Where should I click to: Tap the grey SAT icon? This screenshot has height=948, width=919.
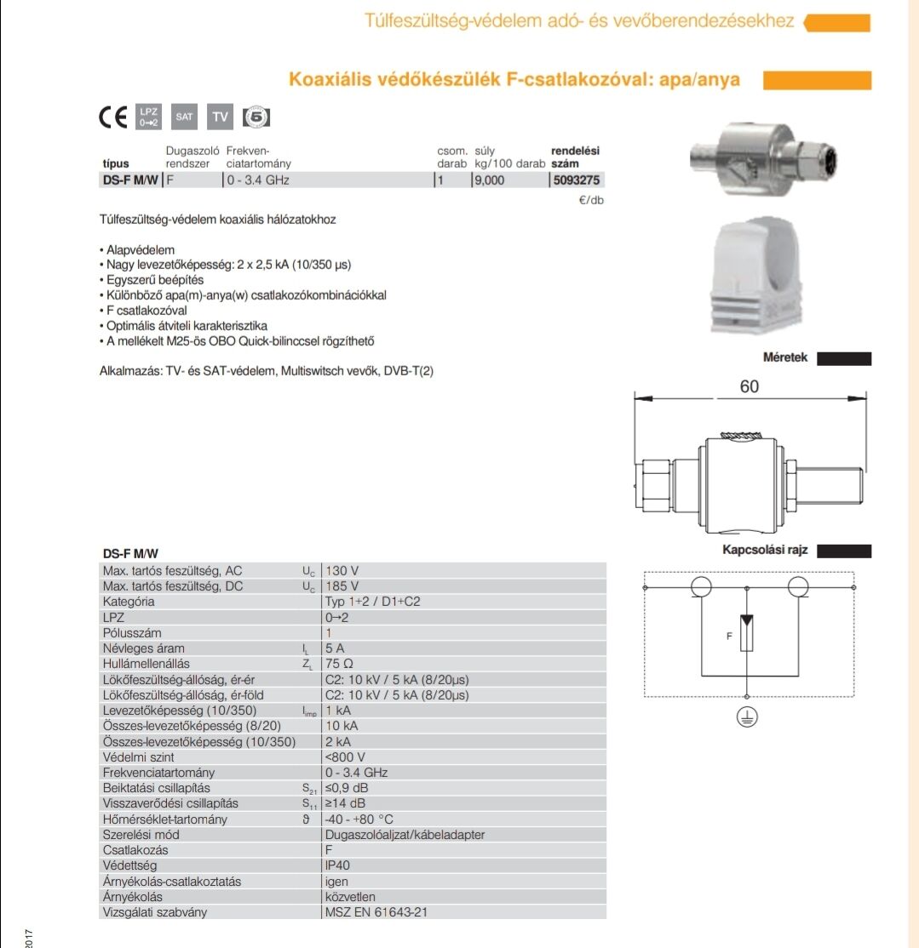point(184,117)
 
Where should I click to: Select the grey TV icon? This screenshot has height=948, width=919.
point(221,117)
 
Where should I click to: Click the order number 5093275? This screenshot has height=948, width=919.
point(576,180)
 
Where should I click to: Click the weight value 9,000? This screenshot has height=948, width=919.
point(490,180)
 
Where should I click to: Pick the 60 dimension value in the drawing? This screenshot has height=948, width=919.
point(749,386)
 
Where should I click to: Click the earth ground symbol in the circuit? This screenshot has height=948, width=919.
point(747,717)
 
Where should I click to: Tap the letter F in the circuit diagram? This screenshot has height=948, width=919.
point(729,635)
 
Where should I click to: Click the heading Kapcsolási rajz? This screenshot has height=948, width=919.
point(765,551)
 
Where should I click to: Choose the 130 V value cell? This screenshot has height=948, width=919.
point(342,570)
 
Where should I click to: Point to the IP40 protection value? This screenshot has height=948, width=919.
point(338,865)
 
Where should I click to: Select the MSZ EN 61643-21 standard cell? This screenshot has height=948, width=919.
point(375,912)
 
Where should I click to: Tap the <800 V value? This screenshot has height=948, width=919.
point(345,757)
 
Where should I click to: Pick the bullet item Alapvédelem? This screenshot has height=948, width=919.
point(141,250)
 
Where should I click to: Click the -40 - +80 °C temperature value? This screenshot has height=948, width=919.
point(359,820)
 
